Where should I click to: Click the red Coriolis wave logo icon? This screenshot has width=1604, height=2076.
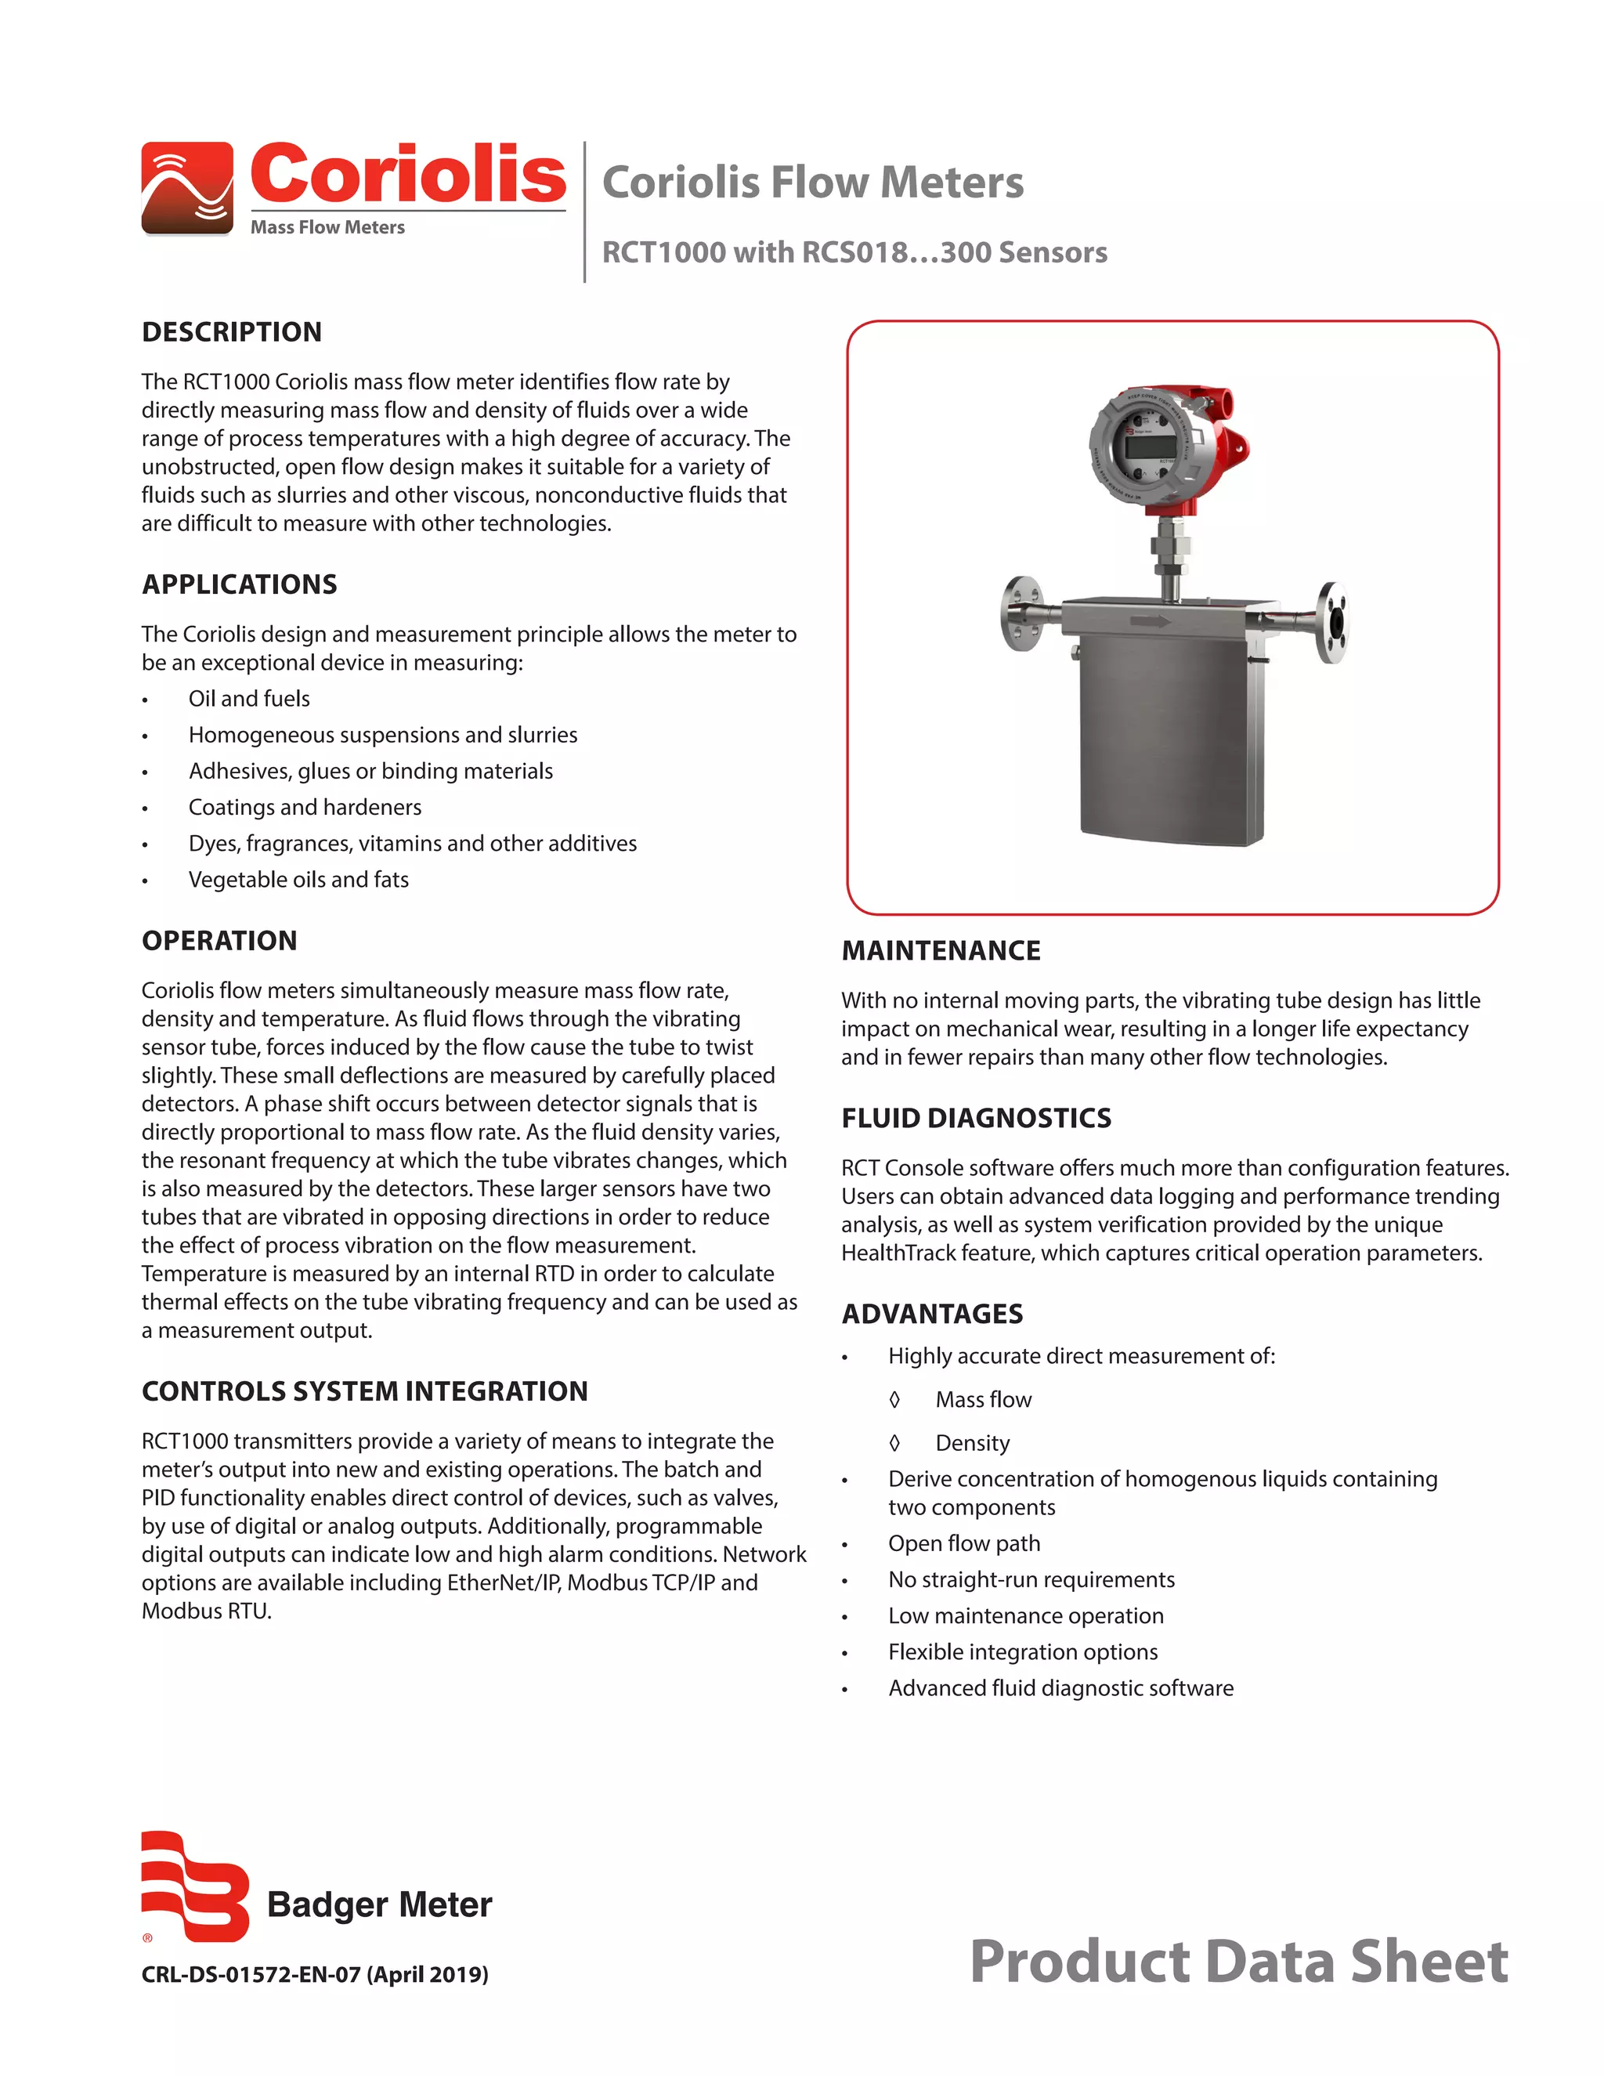[187, 187]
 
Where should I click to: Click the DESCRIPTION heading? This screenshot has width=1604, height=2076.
[232, 331]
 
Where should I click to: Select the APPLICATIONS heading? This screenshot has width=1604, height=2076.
[240, 584]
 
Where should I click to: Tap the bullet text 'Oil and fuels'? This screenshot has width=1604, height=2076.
[249, 699]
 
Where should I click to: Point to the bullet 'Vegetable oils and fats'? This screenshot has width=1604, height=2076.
[298, 879]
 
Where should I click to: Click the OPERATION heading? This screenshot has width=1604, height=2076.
[219, 940]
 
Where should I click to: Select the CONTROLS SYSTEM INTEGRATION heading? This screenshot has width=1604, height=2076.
[365, 1391]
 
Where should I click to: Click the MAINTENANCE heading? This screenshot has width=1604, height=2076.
[941, 950]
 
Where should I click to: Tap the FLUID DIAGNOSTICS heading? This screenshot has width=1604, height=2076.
[976, 1118]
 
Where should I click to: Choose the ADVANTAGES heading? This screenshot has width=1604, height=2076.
[932, 1314]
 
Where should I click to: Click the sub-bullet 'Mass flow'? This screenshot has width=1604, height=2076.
[983, 1399]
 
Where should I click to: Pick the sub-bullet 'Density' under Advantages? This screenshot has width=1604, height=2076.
[972, 1443]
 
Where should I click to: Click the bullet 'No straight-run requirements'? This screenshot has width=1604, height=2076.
[1031, 1579]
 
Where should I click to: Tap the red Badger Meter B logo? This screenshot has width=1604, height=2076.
[195, 1887]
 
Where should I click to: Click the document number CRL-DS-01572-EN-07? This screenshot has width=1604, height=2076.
[315, 1974]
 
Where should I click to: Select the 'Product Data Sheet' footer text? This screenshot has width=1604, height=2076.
[1238, 1962]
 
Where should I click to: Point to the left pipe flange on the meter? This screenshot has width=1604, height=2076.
[1021, 614]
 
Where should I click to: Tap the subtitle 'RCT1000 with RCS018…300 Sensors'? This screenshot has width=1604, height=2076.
[854, 252]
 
